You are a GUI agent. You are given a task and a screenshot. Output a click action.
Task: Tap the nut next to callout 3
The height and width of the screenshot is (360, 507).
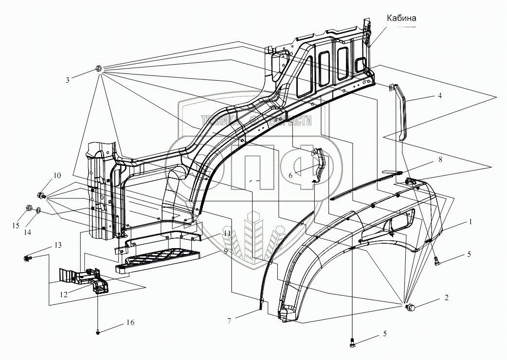pos(98,69)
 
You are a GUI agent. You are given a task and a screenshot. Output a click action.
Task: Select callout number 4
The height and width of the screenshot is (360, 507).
pos(439,96)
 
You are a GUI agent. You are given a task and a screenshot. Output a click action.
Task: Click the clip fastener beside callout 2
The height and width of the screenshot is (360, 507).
pos(410,307)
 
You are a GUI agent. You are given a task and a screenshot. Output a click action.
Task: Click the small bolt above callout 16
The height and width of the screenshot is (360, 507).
pos(99,333)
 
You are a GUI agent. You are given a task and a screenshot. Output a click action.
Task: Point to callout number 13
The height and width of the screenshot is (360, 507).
pos(58,245)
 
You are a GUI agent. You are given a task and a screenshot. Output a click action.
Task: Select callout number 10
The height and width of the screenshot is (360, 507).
pos(57,175)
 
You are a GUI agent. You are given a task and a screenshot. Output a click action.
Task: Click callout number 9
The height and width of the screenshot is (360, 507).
pos(225,252)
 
